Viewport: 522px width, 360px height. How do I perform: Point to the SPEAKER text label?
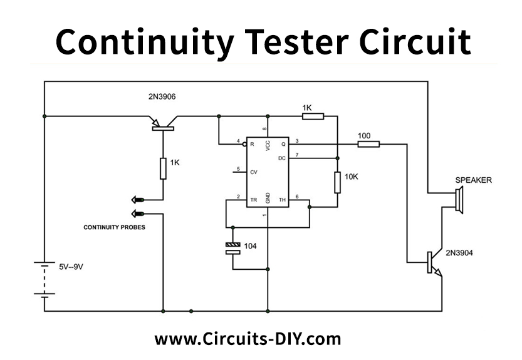click(x=473, y=180)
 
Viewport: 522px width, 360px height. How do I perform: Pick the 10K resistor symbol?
click(x=337, y=183)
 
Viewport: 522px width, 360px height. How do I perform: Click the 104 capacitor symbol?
click(x=232, y=248)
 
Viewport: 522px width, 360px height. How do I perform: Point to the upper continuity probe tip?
click(x=137, y=200)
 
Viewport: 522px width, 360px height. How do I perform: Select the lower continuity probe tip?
click(x=137, y=213)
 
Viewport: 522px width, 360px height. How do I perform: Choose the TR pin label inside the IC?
click(x=253, y=200)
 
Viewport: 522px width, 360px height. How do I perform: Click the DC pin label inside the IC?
click(x=281, y=158)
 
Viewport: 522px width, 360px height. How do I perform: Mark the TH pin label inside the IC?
click(x=282, y=200)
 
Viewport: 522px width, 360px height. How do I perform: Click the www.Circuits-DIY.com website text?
click(x=248, y=339)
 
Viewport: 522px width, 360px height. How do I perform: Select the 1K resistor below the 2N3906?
click(x=163, y=167)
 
